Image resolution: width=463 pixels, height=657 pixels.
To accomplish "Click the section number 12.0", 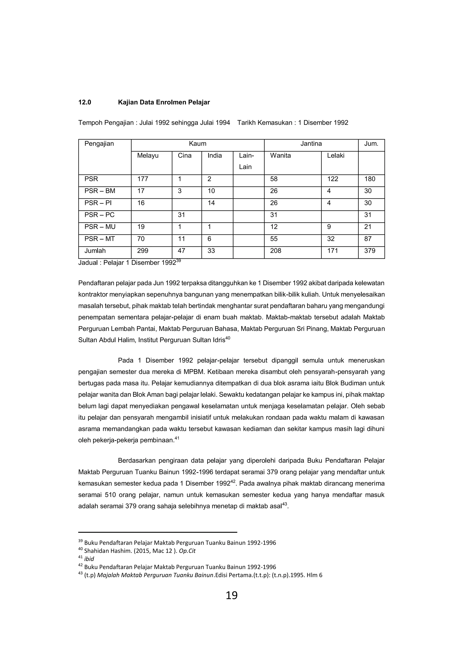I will click(x=85, y=102).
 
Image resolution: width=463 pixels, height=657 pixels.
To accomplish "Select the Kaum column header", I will click(x=197, y=144).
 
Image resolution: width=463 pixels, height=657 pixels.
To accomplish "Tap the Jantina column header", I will click(x=311, y=144).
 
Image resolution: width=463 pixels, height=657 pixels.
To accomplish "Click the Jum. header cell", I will click(x=371, y=144).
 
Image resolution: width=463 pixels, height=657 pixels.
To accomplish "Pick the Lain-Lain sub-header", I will click(x=246, y=161).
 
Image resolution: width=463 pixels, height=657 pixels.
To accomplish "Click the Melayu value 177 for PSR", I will click(x=142, y=179).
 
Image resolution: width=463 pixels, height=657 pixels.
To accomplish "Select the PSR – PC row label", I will click(x=99, y=215).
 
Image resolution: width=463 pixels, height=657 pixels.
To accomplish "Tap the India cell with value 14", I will click(x=211, y=203).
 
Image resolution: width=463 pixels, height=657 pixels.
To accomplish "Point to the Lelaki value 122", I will click(x=333, y=179).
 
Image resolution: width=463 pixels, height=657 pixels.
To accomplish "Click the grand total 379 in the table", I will click(x=370, y=251).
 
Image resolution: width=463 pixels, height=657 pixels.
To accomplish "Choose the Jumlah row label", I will click(x=95, y=251).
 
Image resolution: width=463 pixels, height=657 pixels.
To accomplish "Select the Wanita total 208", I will click(x=276, y=251).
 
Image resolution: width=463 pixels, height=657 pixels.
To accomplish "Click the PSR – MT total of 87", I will click(x=368, y=239).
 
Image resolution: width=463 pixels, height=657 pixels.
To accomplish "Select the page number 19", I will click(x=231, y=596).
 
